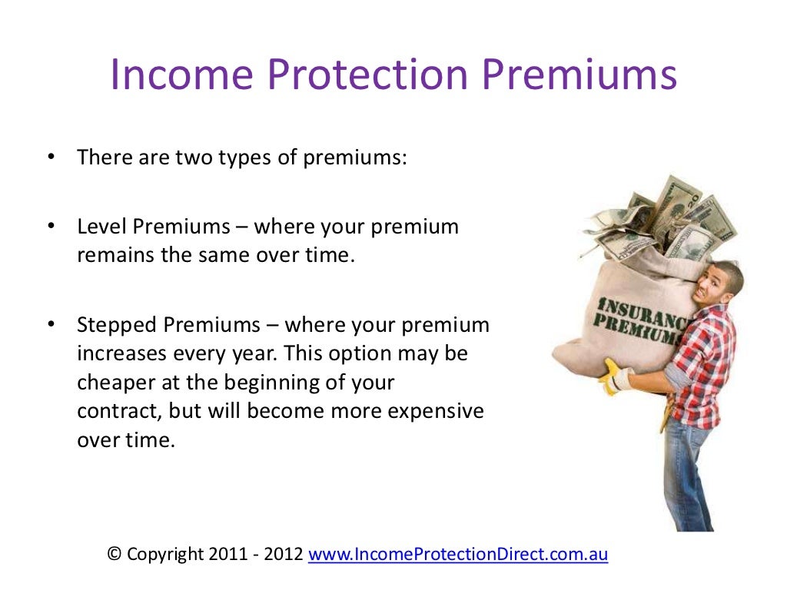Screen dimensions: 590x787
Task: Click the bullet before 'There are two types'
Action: point(51,157)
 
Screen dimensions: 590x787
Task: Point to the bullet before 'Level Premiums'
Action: point(51,227)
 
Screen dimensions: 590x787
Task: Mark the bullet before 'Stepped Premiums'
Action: point(51,325)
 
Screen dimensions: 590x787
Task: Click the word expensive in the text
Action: point(436,411)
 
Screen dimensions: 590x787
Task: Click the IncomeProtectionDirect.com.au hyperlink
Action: point(458,555)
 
